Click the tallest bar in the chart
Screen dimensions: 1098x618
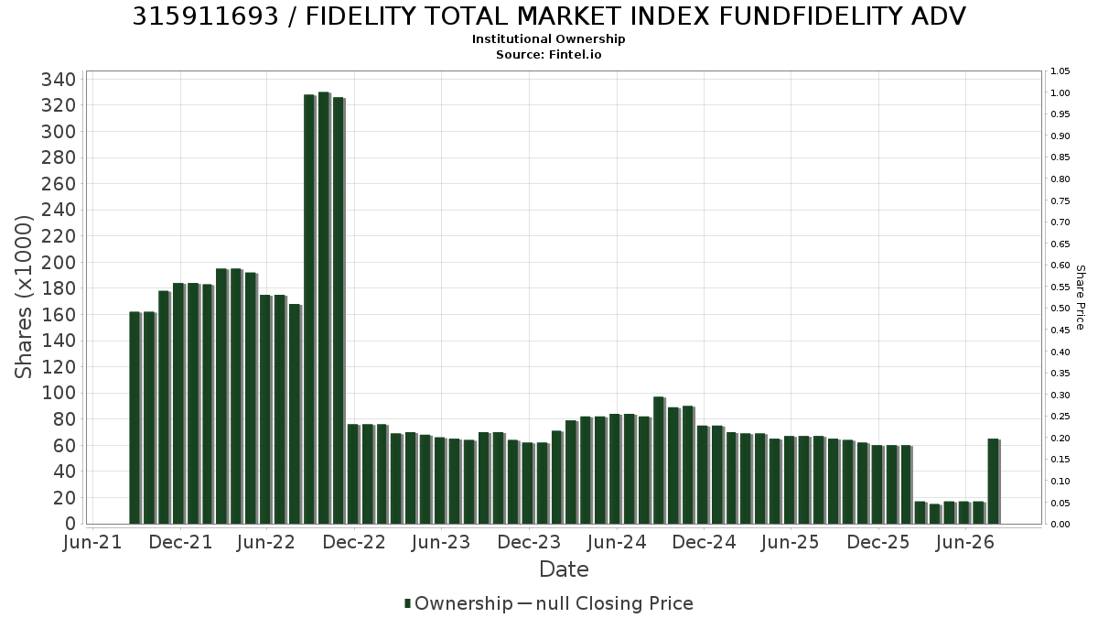click(324, 308)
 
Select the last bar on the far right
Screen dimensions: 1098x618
click(994, 482)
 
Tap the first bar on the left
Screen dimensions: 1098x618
click(135, 417)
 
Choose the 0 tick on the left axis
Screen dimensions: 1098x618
click(71, 524)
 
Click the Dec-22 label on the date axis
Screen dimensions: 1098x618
click(354, 542)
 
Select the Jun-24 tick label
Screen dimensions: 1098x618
click(617, 542)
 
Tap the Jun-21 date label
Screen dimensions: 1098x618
click(92, 542)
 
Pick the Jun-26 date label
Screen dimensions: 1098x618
click(964, 542)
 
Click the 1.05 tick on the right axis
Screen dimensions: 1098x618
click(1060, 71)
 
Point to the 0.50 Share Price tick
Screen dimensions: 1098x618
click(1060, 309)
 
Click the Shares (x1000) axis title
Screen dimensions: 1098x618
click(23, 298)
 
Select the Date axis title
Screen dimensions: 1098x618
click(564, 569)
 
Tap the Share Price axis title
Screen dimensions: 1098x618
click(1081, 298)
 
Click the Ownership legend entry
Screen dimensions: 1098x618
click(458, 603)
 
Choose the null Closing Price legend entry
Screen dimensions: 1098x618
click(606, 603)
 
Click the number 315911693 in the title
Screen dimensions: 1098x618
click(205, 16)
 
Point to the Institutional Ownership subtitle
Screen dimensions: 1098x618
click(548, 39)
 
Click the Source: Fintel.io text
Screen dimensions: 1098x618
click(548, 54)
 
